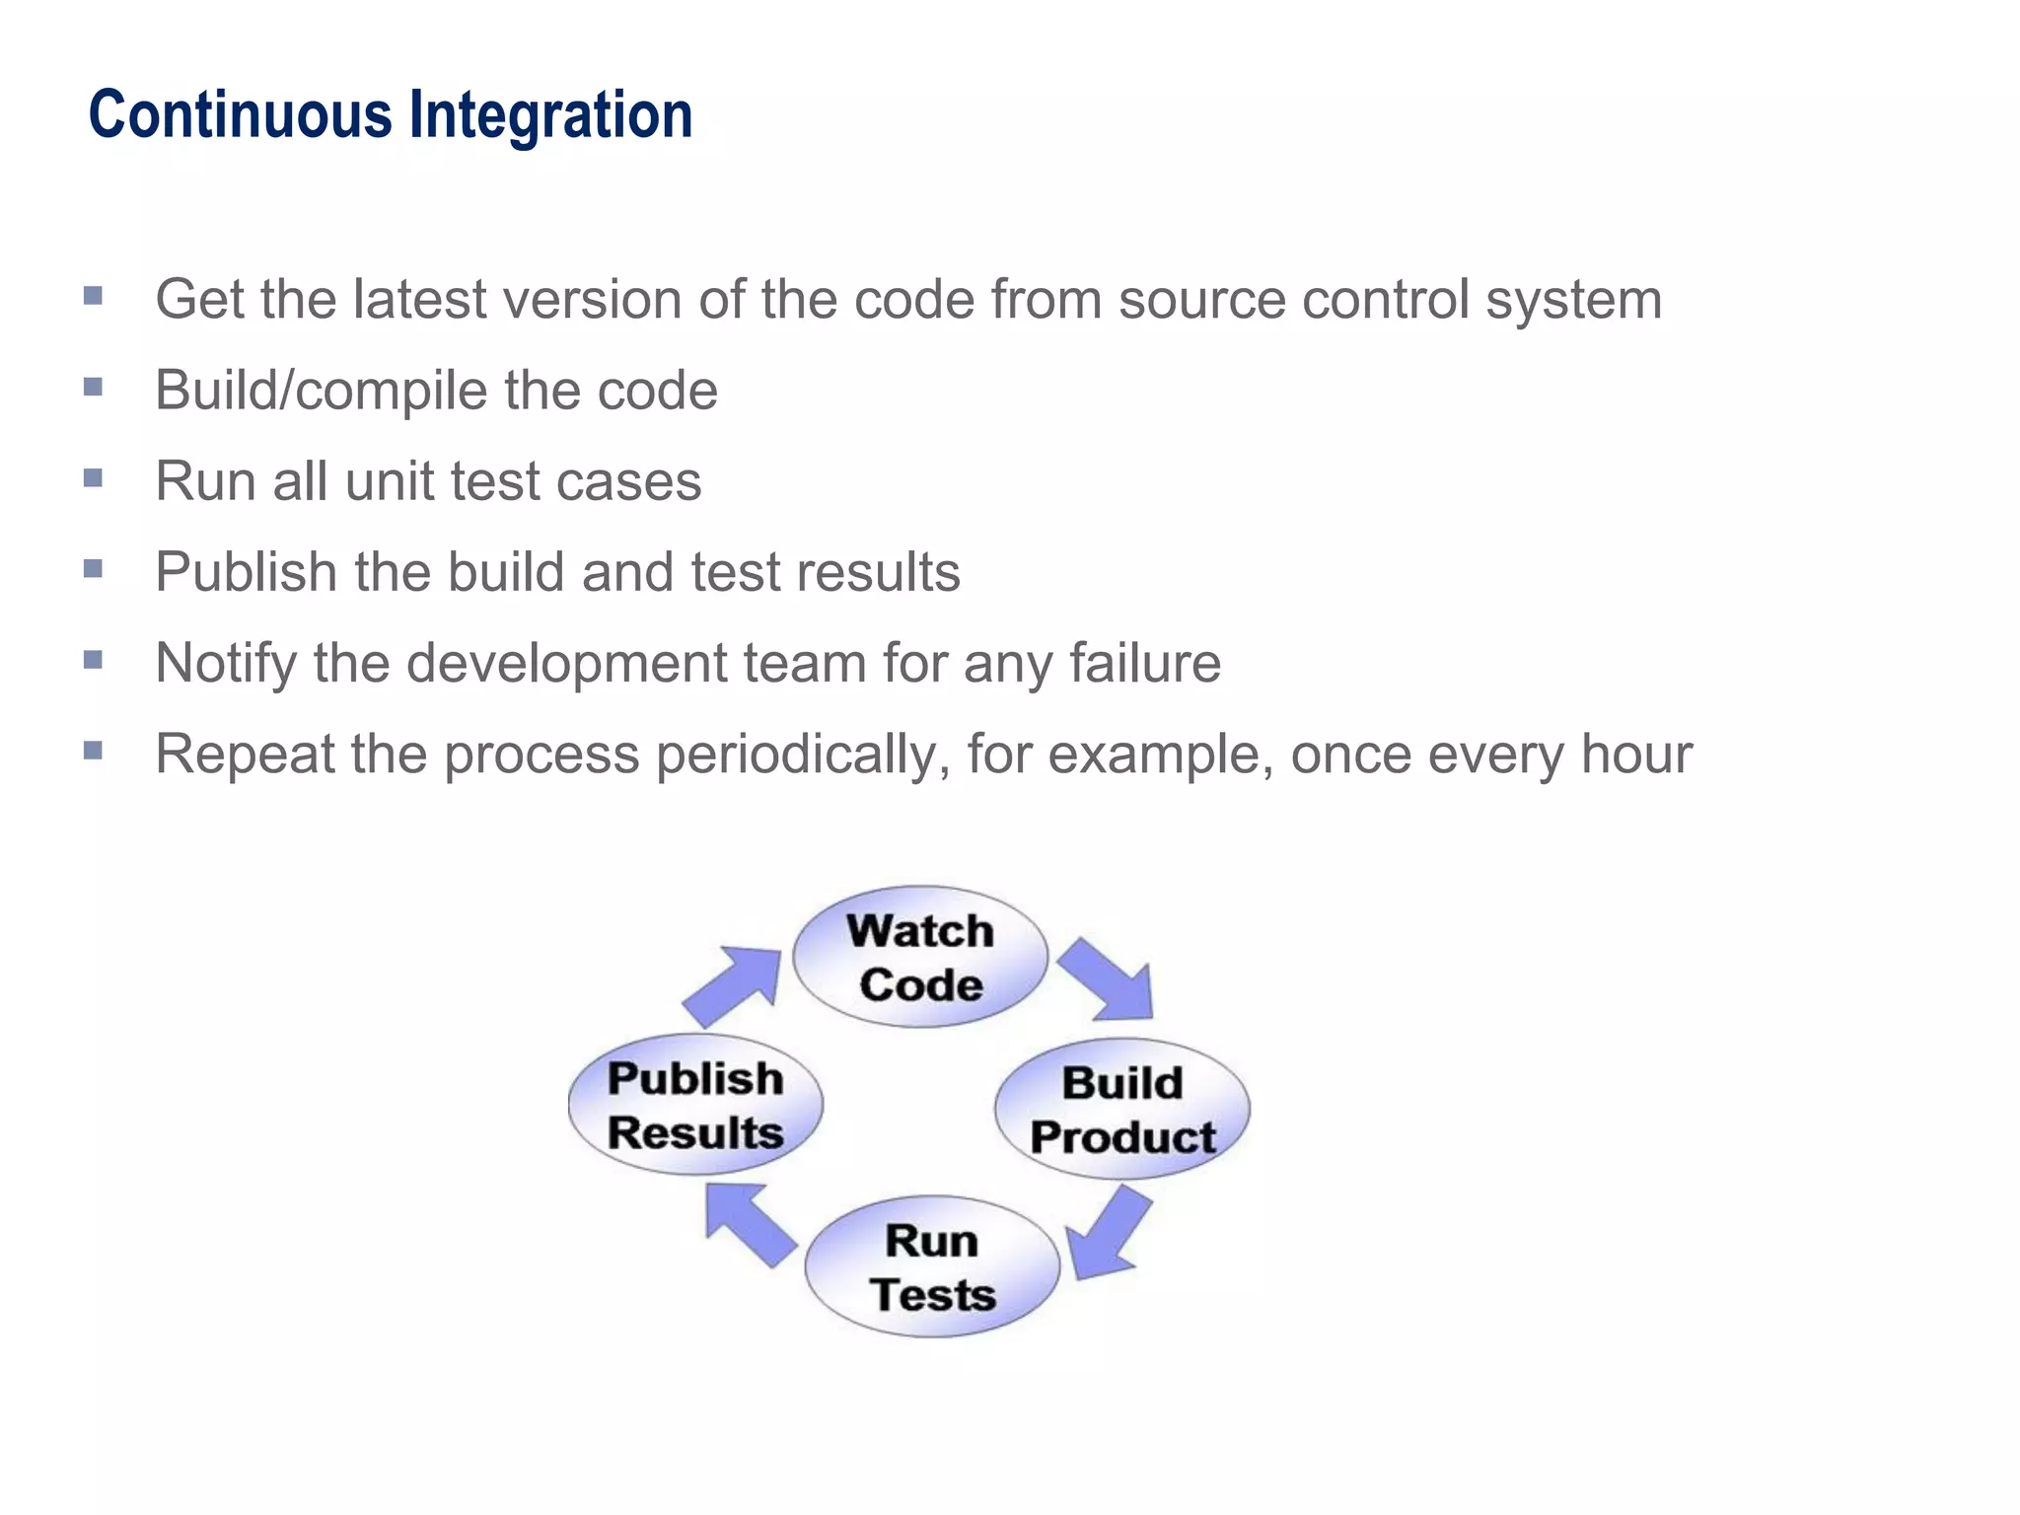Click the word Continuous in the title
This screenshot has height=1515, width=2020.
[241, 115]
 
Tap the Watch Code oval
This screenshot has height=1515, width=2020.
[920, 957]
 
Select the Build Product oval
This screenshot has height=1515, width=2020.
[1122, 1109]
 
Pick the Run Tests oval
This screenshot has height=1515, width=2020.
[932, 1267]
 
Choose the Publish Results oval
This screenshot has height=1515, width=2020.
[695, 1105]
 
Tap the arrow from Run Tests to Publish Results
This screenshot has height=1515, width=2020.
[749, 1223]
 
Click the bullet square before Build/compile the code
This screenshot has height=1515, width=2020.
[94, 387]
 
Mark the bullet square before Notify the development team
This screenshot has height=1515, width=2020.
[94, 659]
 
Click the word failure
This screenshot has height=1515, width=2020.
[1145, 663]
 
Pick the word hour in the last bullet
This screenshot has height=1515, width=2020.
[1636, 755]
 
